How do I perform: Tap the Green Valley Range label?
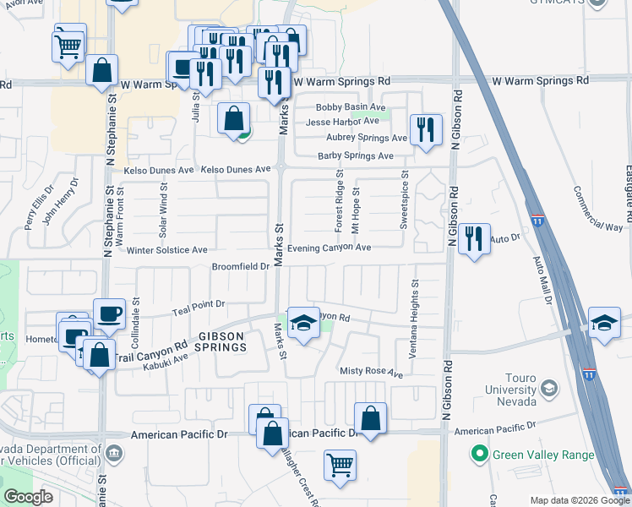coord(542,455)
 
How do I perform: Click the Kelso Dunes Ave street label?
coord(159,170)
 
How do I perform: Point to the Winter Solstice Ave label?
coord(166,250)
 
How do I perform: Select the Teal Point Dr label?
coord(197,303)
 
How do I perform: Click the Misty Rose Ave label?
coord(371,372)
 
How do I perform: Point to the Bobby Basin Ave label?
coord(351,108)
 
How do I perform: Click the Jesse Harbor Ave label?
coord(342,122)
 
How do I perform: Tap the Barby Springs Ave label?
coord(356,156)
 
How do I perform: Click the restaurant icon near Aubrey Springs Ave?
coord(425,129)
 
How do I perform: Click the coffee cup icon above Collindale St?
coord(110,314)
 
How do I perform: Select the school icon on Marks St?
coord(302,322)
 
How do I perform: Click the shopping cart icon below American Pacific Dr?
coord(340,464)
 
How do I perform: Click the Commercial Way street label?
coord(598,209)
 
